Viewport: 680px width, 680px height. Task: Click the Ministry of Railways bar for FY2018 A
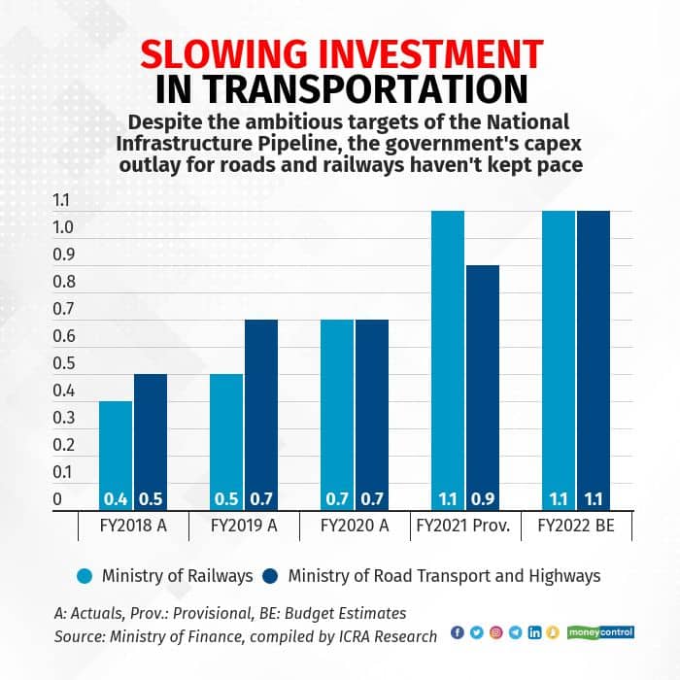click(x=116, y=447)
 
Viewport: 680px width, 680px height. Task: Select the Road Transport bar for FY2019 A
click(x=261, y=408)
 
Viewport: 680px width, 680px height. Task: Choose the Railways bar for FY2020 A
click(x=337, y=408)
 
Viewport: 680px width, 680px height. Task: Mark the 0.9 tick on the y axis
click(x=63, y=255)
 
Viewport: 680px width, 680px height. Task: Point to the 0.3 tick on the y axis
click(x=63, y=418)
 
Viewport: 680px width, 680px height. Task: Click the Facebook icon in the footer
click(x=459, y=633)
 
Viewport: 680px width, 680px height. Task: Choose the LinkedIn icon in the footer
click(x=534, y=633)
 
